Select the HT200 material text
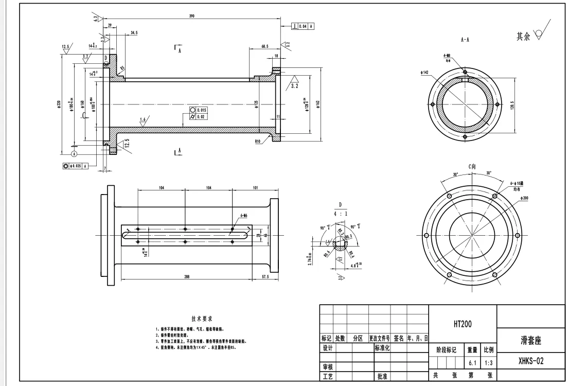[462, 324]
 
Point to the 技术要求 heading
[202, 319]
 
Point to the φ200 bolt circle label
[525, 198]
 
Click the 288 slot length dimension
[186, 277]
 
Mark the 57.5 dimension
[265, 277]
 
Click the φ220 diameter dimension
[60, 105]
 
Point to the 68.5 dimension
[264, 46]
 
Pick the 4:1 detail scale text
[340, 212]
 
